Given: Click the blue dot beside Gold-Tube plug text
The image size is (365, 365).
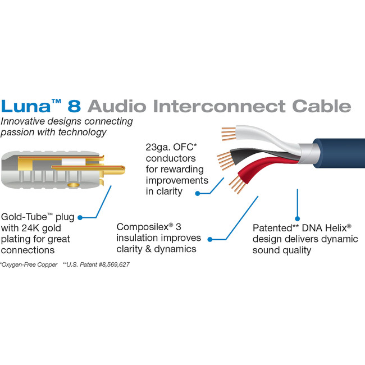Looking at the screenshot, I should tap(80, 216).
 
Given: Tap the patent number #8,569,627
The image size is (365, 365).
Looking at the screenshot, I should tap(111, 264).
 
